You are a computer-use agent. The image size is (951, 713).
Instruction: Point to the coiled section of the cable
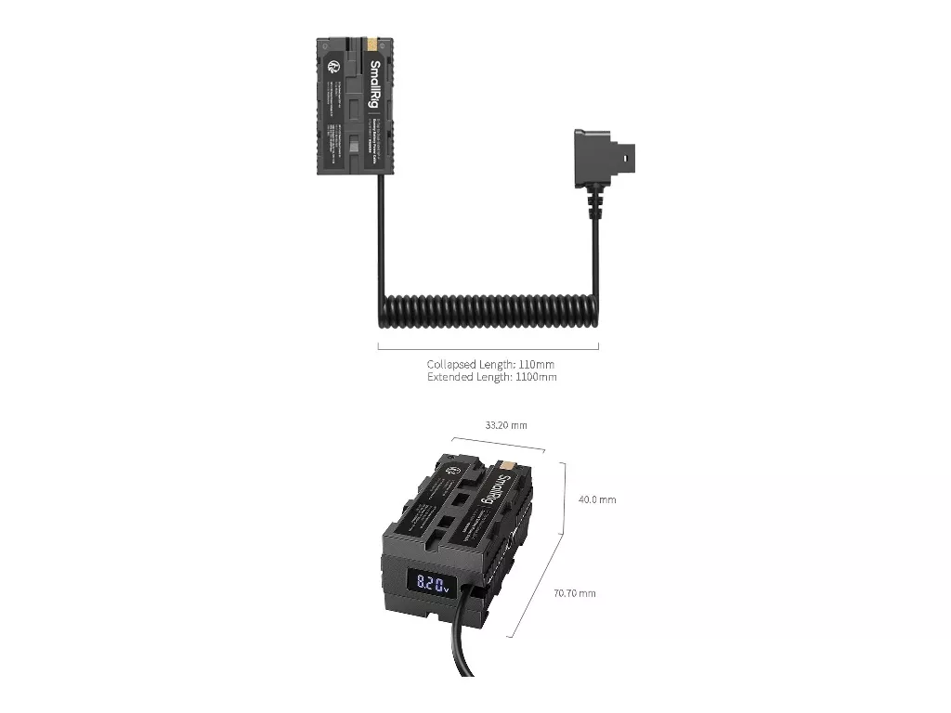pos(488,311)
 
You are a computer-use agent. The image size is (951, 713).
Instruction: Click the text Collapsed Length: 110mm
pos(490,365)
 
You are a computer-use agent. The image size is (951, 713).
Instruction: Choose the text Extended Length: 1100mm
pos(491,378)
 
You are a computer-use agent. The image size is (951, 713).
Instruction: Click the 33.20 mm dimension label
pos(505,425)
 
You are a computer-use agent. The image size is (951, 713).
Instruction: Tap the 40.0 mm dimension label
pos(597,499)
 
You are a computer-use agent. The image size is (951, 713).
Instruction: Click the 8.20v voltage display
pos(432,585)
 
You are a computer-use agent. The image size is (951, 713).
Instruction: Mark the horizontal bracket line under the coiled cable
pos(488,348)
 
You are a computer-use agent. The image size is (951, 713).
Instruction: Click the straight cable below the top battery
pos(380,232)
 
